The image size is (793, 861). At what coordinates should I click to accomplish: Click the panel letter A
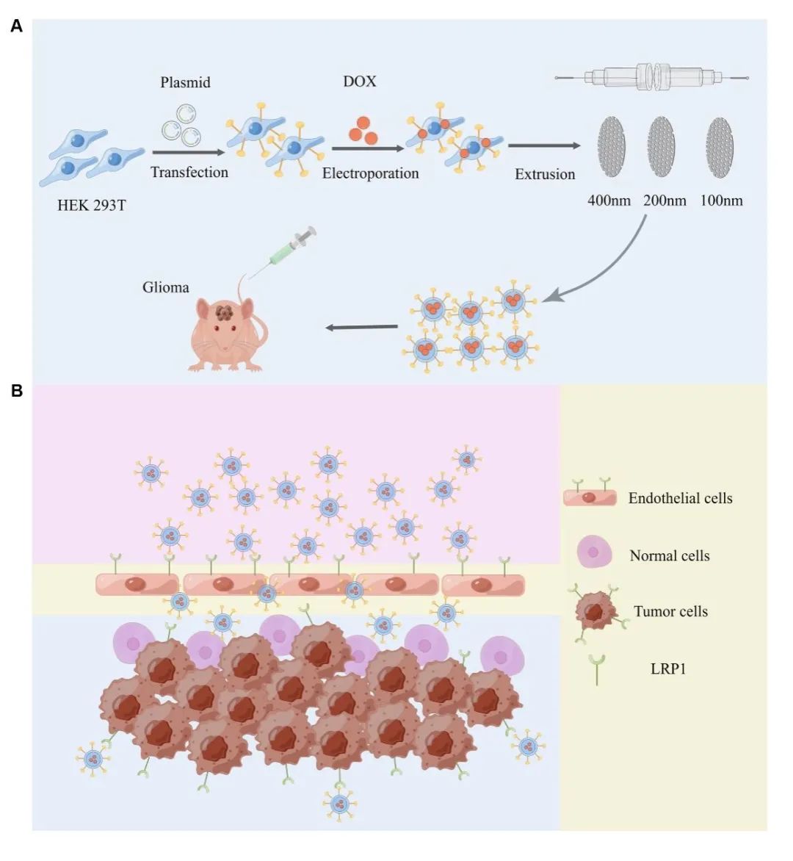click(16, 27)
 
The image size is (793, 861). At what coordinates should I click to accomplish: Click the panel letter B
click(16, 391)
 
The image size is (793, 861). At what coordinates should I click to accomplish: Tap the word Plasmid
click(185, 82)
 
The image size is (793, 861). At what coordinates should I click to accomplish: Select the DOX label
click(360, 81)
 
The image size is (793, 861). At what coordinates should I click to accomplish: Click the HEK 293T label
click(91, 205)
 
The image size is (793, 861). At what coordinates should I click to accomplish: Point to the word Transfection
click(189, 172)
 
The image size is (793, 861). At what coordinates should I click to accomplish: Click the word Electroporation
click(370, 173)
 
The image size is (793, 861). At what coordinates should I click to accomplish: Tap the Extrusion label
click(545, 174)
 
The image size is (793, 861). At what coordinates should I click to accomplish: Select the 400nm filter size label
click(609, 200)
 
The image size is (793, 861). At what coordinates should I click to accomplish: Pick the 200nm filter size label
click(665, 200)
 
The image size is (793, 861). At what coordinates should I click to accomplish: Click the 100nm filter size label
click(721, 200)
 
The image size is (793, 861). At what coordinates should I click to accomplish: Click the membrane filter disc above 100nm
click(720, 147)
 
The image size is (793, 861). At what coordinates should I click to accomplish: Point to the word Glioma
click(165, 287)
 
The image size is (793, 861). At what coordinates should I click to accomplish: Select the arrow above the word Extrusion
click(543, 146)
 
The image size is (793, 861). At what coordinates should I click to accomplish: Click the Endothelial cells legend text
click(680, 498)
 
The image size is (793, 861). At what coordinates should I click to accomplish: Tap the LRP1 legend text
click(667, 669)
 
